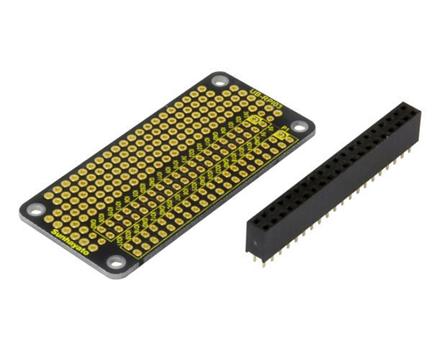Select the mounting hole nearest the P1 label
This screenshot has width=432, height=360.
click(298, 126)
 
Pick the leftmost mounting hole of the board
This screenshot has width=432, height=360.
click(36, 210)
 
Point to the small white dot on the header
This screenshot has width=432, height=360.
click(254, 242)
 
